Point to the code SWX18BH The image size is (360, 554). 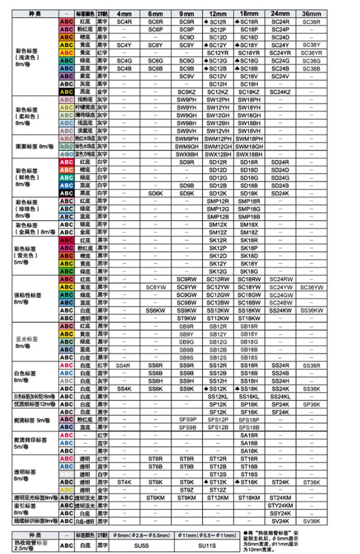(x=249, y=154)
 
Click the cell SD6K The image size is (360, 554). (x=156, y=193)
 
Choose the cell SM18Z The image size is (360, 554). (x=249, y=232)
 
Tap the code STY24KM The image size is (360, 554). (x=280, y=506)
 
